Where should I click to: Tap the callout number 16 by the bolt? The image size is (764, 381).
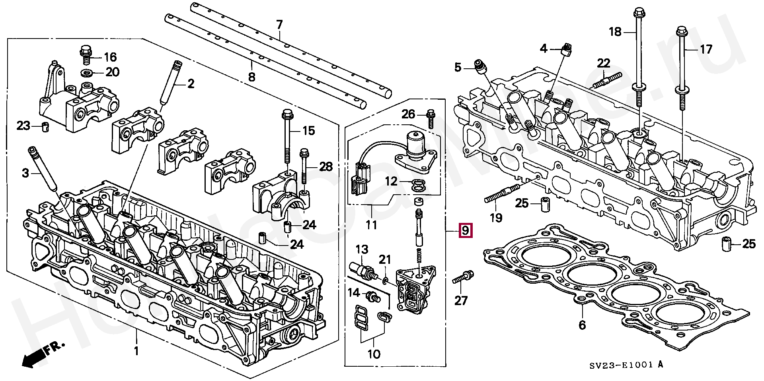[x=110, y=57]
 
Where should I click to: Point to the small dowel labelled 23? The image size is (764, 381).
[x=45, y=127]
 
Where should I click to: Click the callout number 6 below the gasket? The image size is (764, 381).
[x=582, y=325]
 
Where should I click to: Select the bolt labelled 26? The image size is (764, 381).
[x=430, y=118]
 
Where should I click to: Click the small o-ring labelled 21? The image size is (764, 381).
[x=385, y=281]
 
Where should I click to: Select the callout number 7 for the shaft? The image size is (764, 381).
[x=279, y=25]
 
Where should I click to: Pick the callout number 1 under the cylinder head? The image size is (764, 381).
[x=136, y=351]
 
